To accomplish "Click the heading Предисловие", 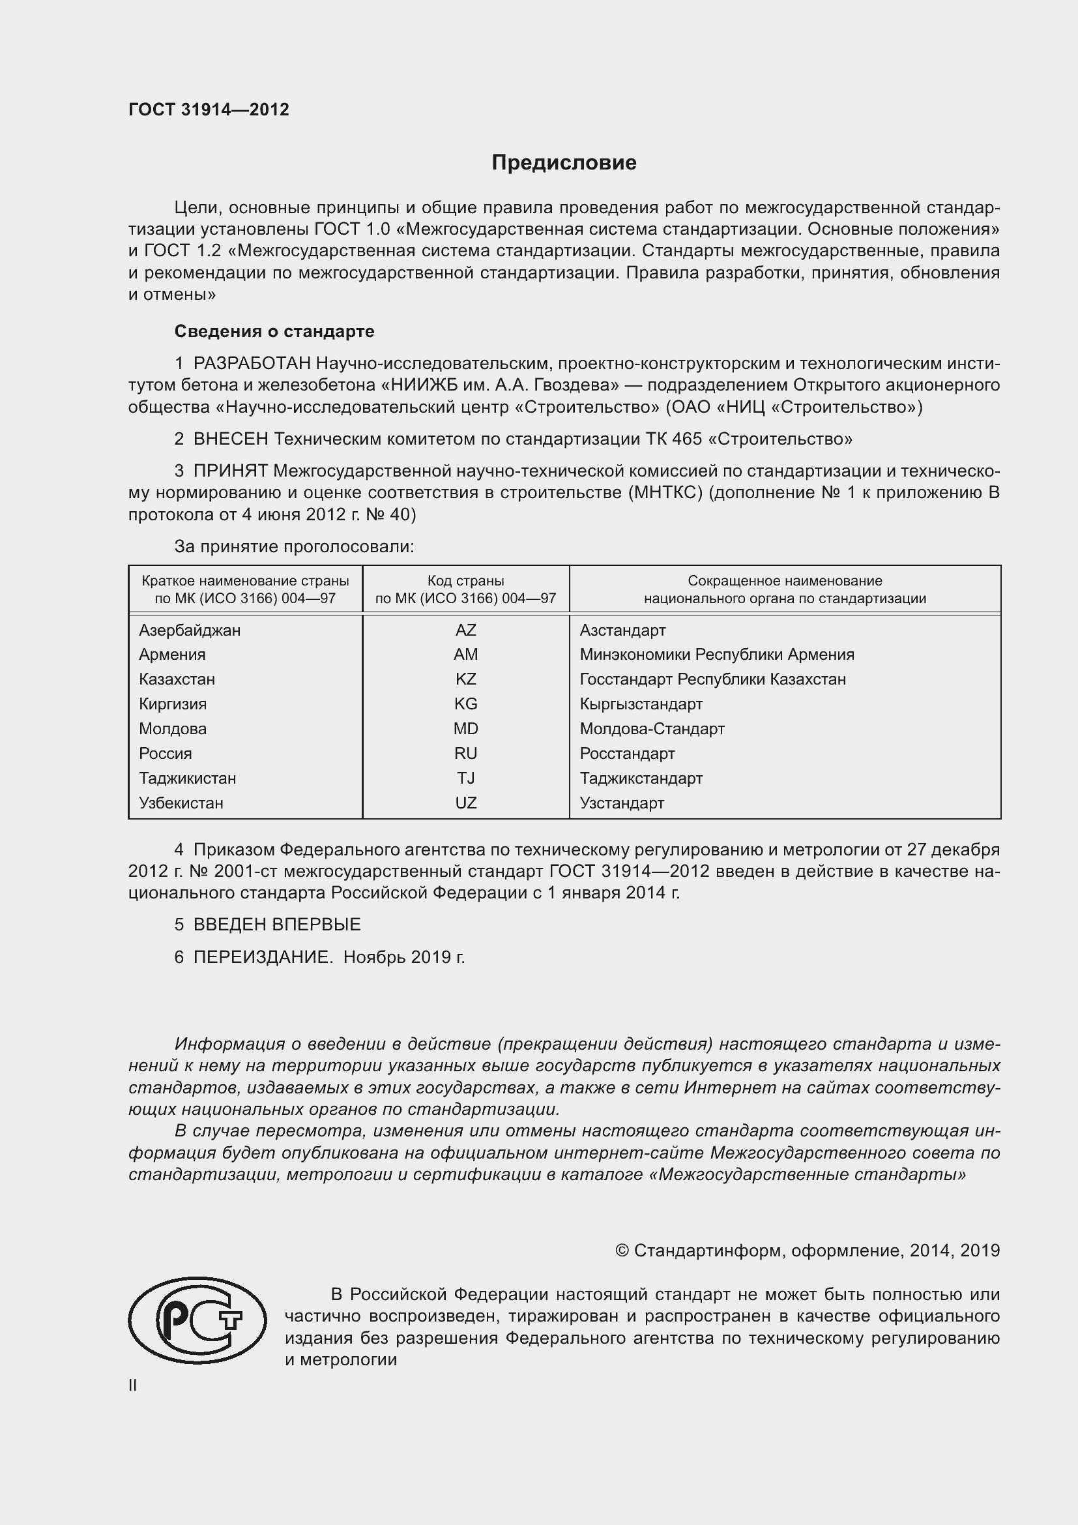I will (564, 163).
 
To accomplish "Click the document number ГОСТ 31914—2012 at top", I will (209, 110).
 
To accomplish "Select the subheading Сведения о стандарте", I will (274, 331).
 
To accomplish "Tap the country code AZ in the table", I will (465, 630).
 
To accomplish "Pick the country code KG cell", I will (465, 703).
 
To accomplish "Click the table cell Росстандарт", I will (626, 753).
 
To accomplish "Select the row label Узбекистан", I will (181, 803).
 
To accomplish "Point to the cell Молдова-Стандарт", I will (651, 729).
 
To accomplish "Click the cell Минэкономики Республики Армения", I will (716, 654).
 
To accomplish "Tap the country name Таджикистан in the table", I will (187, 778).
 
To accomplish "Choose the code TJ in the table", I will (465, 778).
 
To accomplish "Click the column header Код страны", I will (465, 580).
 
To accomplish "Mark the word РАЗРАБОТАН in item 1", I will (252, 363).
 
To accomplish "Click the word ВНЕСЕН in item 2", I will (230, 439).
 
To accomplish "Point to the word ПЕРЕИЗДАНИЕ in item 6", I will (263, 957).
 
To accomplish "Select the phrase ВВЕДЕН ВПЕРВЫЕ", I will (277, 925).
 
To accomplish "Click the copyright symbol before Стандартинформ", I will (621, 1251).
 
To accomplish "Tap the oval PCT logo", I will (197, 1320).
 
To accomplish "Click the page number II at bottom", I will (133, 1385).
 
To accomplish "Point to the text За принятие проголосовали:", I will (294, 546).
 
